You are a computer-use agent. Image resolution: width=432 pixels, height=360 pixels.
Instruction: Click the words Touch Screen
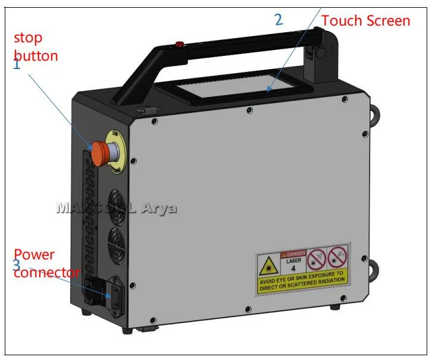click(365, 21)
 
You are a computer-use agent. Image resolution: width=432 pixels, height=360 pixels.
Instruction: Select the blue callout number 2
click(278, 20)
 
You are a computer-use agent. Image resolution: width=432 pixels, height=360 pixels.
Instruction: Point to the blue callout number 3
click(17, 264)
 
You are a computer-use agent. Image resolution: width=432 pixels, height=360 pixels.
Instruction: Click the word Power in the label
click(35, 255)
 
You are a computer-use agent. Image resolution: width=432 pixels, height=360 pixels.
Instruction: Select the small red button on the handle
click(179, 43)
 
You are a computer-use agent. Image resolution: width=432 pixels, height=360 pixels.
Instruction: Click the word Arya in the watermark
click(159, 208)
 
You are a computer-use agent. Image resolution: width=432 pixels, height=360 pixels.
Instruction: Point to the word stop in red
click(29, 38)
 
